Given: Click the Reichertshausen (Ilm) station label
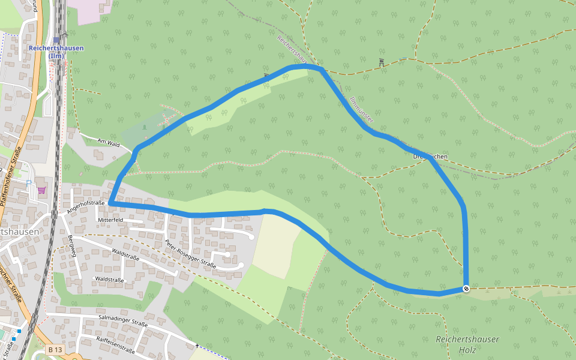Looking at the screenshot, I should [x=56, y=52].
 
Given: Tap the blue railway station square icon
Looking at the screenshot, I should [x=56, y=40].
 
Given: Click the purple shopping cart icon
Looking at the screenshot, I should [x=41, y=190].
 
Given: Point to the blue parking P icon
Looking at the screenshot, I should [x=28, y=182].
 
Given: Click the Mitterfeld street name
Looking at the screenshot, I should [x=110, y=220].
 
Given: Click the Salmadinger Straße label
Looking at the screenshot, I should [x=122, y=323].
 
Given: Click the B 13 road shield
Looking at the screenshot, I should [x=55, y=349].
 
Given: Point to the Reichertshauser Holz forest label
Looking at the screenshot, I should [x=467, y=344].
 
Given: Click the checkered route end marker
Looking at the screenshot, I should [x=466, y=289].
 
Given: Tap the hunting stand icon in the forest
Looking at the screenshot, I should [x=381, y=62].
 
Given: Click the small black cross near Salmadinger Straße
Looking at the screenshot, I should [x=197, y=346].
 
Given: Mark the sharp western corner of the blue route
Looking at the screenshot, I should [x=110, y=204].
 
